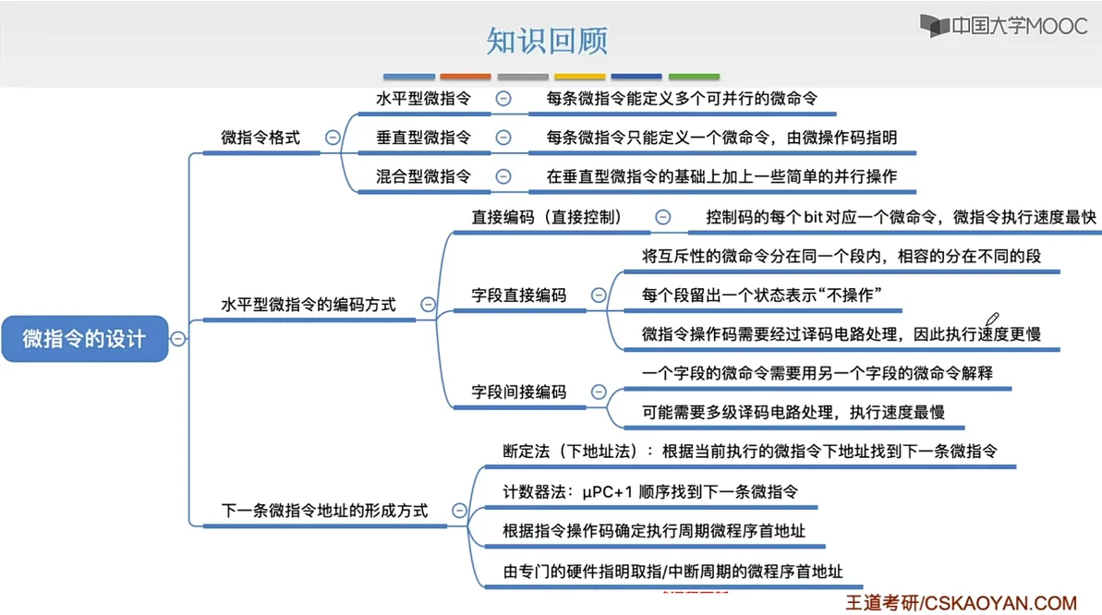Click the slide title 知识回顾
tap(547, 42)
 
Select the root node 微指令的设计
tap(84, 338)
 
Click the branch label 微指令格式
tap(260, 138)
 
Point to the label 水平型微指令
tap(423, 98)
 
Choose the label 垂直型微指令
tap(423, 138)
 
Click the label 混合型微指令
tap(423, 176)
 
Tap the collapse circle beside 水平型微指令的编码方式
tap(428, 304)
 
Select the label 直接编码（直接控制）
tap(547, 217)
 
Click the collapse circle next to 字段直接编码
tap(599, 295)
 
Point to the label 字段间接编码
tap(518, 392)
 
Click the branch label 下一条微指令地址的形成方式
tap(324, 510)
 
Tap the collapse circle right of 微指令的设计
tap(178, 338)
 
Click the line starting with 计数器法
tap(649, 492)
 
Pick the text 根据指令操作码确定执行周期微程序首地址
tap(654, 531)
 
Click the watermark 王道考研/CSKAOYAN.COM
tap(961, 603)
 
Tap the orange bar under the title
tap(466, 77)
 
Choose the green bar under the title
tap(694, 77)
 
